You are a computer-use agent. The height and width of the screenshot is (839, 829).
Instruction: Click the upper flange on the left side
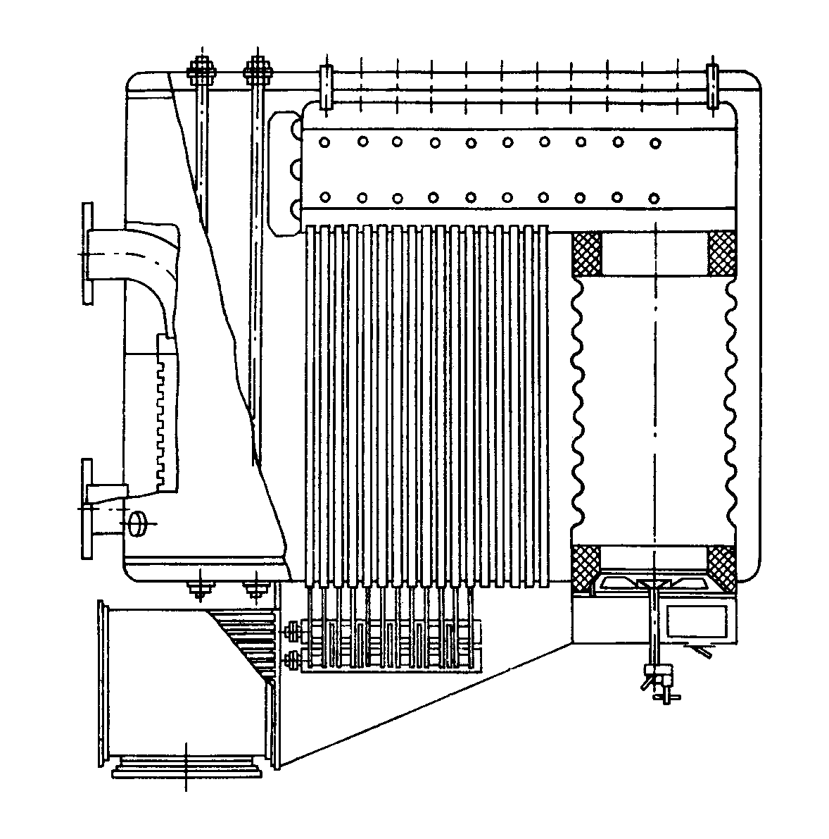point(87,254)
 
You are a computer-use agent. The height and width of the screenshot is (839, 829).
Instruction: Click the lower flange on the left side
point(87,508)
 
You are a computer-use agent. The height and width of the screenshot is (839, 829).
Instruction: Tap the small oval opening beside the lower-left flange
point(137,522)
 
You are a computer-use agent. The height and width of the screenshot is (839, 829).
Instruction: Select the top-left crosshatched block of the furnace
point(586,254)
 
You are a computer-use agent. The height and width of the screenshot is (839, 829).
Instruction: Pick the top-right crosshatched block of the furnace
point(721,254)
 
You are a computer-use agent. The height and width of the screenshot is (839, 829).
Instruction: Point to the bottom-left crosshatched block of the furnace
point(586,567)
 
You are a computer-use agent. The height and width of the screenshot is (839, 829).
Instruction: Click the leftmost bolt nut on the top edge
point(202,70)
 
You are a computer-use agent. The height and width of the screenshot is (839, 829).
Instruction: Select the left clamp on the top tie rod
point(326,87)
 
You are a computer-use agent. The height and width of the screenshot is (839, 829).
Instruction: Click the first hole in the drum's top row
point(324,143)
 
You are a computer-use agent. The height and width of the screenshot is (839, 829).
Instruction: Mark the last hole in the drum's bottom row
point(654,197)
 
